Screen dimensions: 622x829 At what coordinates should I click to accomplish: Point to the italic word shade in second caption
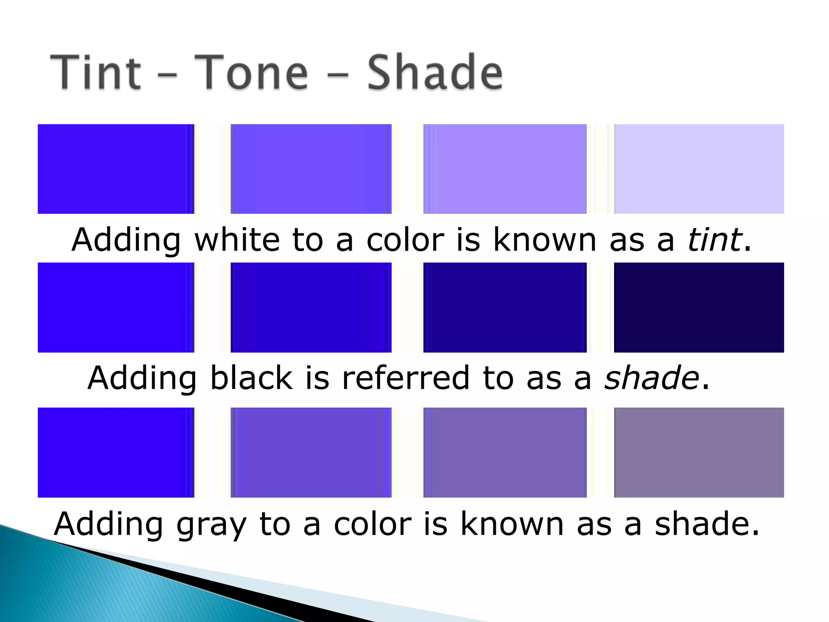tap(651, 378)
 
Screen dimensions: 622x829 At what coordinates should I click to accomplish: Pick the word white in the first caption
tap(237, 240)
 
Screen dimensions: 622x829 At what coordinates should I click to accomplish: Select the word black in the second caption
tap(251, 378)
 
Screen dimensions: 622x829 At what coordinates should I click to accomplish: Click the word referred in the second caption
tap(406, 378)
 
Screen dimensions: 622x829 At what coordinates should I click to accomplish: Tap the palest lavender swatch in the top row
tap(699, 169)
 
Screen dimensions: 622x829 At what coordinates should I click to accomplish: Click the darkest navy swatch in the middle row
tap(699, 307)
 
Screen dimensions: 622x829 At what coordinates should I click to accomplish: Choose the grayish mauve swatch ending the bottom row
tap(699, 452)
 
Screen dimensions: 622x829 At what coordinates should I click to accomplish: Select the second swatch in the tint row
tap(311, 169)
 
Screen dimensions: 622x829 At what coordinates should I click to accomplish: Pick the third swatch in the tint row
tap(505, 169)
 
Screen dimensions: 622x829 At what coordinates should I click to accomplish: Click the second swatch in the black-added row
tap(311, 307)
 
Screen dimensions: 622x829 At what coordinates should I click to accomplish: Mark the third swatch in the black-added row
tap(505, 307)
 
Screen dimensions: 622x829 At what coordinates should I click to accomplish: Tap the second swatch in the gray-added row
tap(311, 452)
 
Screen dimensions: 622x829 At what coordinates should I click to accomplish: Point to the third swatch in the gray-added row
tap(505, 452)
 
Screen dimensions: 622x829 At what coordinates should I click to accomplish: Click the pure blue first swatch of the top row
tap(116, 169)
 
